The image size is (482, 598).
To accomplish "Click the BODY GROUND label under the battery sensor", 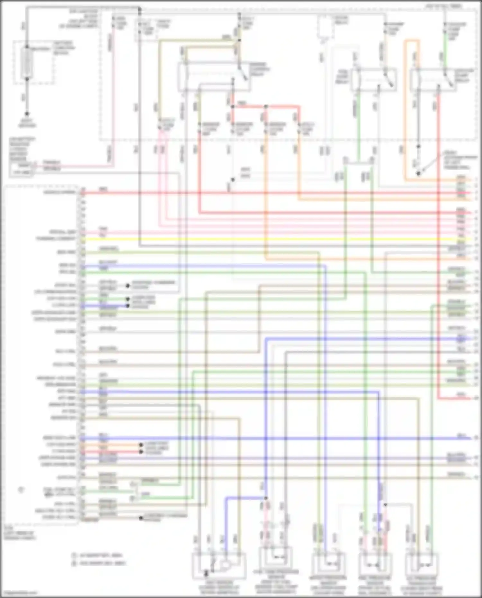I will click(27, 123).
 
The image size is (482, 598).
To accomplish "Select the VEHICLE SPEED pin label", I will click(60, 192).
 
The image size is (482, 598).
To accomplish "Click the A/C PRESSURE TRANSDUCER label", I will click(422, 585).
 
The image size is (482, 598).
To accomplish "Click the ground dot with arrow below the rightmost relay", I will click(418, 174).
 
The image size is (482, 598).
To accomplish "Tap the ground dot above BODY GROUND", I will click(27, 114).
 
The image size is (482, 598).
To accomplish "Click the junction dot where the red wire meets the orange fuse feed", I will click(266, 106).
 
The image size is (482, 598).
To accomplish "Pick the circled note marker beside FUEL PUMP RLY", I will click(21, 490).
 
